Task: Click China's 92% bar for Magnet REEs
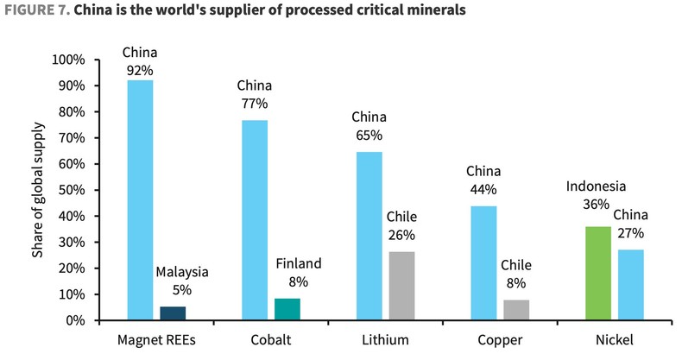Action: [140, 200]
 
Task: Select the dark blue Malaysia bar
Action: [173, 313]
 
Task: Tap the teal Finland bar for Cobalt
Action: [287, 309]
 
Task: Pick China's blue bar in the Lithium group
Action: [369, 236]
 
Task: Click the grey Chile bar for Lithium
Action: [402, 286]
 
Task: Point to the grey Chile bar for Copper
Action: [516, 310]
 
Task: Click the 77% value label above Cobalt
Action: [255, 103]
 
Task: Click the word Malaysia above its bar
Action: [182, 272]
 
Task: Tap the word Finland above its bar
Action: [298, 263]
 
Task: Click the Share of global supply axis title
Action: [37, 190]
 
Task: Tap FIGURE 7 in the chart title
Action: [35, 11]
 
